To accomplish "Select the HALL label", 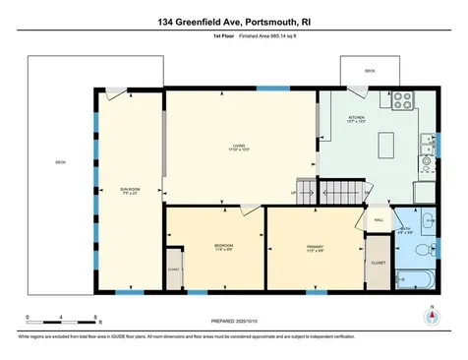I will [x=379, y=220].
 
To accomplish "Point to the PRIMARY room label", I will [x=315, y=247].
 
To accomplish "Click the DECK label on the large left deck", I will [x=60, y=163].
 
